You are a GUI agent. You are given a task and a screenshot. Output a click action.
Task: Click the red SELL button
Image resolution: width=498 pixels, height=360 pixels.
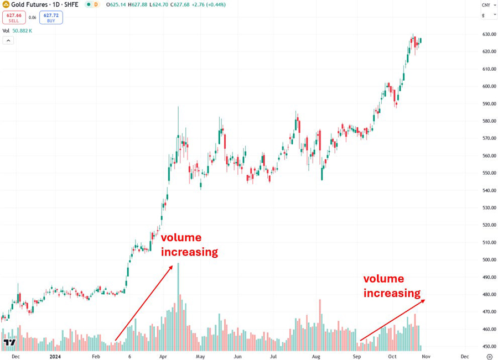point(13,18)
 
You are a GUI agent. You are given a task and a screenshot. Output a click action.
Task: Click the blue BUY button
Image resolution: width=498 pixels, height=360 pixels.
point(51,18)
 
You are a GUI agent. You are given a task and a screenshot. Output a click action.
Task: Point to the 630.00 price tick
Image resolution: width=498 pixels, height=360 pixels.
point(488,34)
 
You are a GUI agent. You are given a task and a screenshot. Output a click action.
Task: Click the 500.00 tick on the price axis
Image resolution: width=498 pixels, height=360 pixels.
point(488,260)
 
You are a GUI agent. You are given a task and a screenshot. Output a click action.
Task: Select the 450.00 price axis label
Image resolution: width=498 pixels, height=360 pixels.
point(488,347)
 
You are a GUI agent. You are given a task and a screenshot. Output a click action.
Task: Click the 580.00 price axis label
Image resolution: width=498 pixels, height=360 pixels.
point(488,121)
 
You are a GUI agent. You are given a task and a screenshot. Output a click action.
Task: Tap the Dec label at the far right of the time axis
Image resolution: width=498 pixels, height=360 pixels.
point(464,357)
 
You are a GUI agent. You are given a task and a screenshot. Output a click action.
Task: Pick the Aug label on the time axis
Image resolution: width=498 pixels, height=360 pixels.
point(317,357)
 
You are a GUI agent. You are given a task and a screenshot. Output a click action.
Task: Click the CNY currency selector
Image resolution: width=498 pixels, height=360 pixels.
point(486,5)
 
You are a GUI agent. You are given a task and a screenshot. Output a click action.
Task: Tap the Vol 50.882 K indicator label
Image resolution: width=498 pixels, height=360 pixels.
point(17,30)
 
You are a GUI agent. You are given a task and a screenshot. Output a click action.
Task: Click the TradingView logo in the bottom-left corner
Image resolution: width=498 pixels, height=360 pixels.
point(9,343)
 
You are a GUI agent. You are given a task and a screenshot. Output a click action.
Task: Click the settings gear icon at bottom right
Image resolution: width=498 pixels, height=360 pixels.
point(489,357)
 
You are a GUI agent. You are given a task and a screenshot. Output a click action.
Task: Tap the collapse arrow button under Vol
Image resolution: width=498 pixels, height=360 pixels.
point(8,40)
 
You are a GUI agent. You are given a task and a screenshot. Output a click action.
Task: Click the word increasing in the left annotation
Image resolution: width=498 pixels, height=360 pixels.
point(189,252)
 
